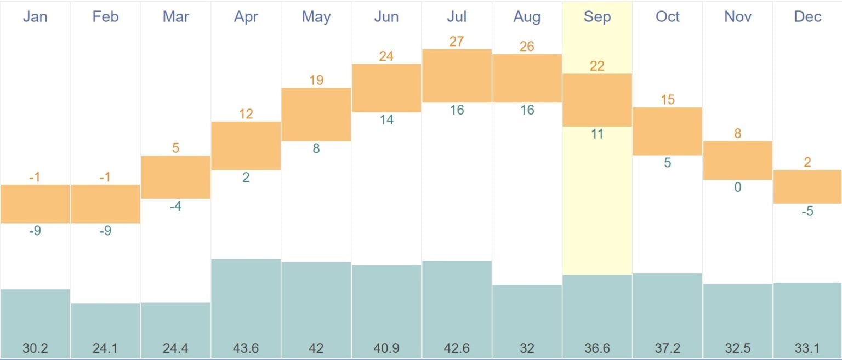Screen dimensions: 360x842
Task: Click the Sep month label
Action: coord(597,16)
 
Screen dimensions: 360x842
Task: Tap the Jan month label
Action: coord(35,16)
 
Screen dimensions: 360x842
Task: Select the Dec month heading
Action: coord(807,16)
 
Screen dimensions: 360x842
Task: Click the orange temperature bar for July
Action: coord(457,76)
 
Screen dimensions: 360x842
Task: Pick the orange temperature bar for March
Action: coord(175,177)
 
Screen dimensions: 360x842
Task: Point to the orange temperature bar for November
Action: coord(737,160)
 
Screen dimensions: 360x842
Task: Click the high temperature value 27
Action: coord(457,41)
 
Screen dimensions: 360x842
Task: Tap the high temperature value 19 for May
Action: coord(316,80)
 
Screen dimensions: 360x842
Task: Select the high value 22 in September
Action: coord(597,66)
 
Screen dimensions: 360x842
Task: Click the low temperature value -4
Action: coord(175,207)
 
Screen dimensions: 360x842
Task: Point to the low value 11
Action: coord(597,134)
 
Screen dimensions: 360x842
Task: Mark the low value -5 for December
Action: coord(807,212)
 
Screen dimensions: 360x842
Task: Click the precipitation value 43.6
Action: coord(246,348)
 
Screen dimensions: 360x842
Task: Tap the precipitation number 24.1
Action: coord(105,348)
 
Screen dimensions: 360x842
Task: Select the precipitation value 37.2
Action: coord(667,348)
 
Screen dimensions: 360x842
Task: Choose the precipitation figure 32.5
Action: coord(737,348)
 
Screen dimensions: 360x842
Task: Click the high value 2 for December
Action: coord(807,162)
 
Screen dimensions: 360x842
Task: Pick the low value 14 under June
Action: coord(386,120)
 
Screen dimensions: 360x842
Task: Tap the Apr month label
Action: coord(246,16)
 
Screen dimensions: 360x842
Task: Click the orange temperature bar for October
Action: coord(667,131)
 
